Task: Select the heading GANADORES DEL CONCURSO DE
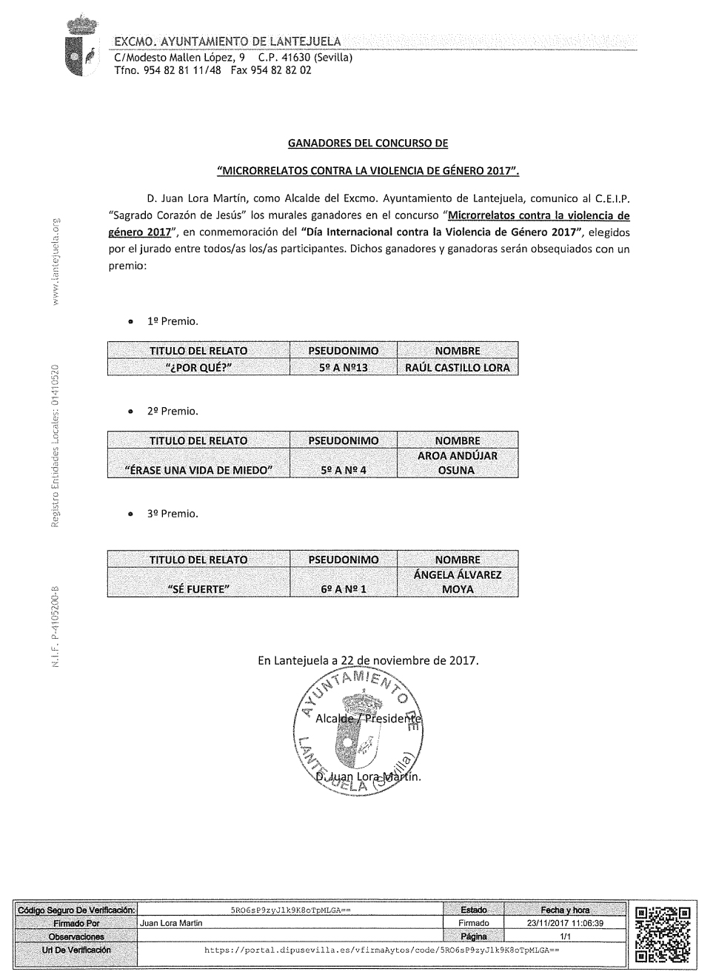point(367,143)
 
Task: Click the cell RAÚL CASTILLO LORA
point(457,367)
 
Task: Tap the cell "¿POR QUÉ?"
point(198,367)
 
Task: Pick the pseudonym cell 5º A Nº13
point(343,367)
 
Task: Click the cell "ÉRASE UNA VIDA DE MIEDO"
point(198,470)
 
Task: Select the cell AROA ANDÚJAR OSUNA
point(457,463)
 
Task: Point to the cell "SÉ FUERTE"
point(198,589)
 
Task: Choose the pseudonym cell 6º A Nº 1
point(343,589)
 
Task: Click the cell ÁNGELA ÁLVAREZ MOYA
point(457,582)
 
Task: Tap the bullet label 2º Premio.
point(173,411)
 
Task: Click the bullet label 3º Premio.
point(173,513)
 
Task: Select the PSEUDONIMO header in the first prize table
point(343,351)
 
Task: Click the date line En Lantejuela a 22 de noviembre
point(368,659)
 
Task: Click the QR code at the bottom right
point(663,934)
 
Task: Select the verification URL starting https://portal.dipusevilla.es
point(381,949)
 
